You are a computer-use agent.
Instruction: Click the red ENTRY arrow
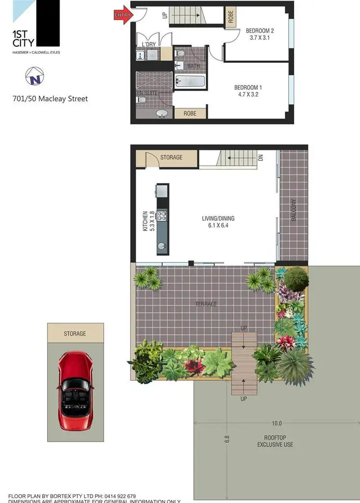pos(123,15)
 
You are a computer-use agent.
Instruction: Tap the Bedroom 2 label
pos(260,31)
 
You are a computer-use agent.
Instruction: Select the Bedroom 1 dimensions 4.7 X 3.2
pos(248,95)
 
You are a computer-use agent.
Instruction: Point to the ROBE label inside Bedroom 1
pos(191,114)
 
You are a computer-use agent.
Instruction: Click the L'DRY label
pos(148,45)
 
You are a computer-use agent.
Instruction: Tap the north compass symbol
pos(34,75)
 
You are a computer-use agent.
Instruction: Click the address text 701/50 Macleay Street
pos(50,99)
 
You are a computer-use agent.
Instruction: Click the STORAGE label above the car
pos(75,333)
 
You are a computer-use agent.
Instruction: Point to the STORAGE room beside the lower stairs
pos(171,157)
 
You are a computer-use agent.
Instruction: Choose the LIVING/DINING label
pos(218,219)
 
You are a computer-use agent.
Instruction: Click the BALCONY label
pos(293,210)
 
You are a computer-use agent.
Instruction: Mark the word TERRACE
pos(206,304)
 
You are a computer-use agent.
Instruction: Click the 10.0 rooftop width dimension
pos(276,424)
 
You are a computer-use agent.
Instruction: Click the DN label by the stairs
pos(261,157)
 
